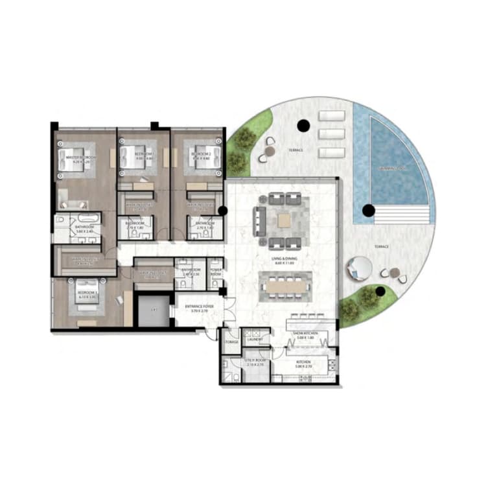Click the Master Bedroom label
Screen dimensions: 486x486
(x=81, y=157)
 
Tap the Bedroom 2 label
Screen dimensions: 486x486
(x=202, y=156)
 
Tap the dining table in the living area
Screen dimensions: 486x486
(x=285, y=284)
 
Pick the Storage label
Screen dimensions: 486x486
(x=231, y=342)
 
